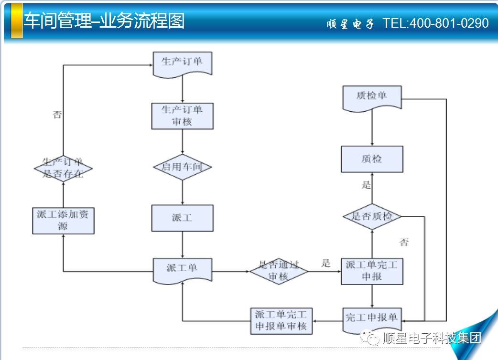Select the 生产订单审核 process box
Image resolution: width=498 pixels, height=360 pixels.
pos(182,116)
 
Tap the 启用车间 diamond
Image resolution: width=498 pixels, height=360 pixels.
pos(182,167)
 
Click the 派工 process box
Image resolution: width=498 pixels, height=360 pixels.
pos(182,218)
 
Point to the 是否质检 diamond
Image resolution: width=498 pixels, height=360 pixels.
pos(372,216)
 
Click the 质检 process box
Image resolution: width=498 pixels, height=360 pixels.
pos(372,159)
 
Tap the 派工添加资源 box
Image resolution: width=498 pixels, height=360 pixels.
pos(63,221)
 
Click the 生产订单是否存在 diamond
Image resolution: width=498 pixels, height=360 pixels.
pos(63,168)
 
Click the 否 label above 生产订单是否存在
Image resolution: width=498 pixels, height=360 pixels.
pos(57,115)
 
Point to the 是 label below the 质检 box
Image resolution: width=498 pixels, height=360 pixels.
pos(366,185)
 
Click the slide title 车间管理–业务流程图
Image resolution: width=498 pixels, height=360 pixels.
pos(104,21)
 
